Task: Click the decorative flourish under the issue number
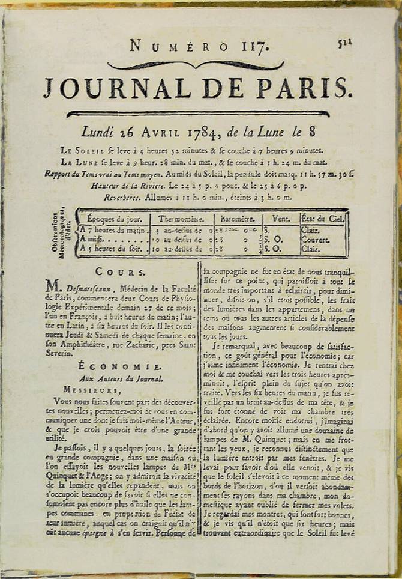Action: [195, 65]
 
